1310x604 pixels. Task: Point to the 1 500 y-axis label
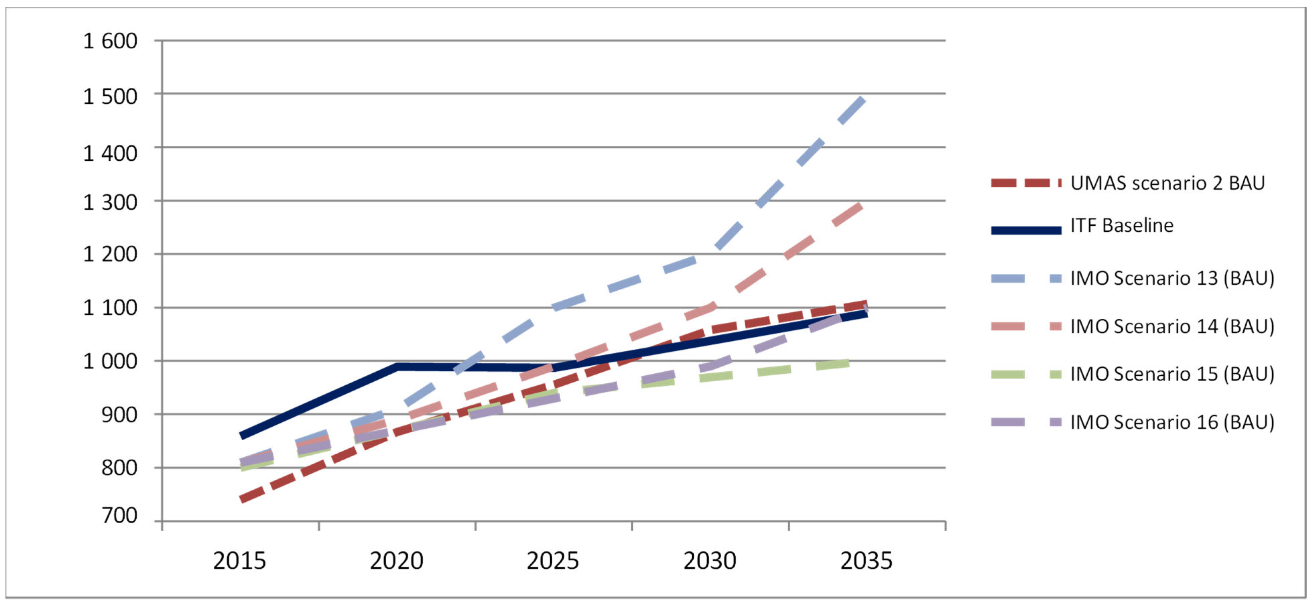tap(110, 96)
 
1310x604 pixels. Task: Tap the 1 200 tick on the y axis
tap(110, 254)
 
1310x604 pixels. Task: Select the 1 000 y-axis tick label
tap(110, 361)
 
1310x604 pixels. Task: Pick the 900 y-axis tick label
tap(119, 415)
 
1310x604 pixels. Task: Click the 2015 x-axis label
tap(239, 561)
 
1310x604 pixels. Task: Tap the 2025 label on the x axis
tap(553, 561)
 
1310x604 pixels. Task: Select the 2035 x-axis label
tap(866, 561)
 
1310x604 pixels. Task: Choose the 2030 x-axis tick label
tap(709, 561)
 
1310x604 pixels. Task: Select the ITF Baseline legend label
tap(1122, 225)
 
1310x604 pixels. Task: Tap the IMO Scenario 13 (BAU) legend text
tap(1172, 278)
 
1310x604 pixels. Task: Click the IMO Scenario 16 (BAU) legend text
tap(1172, 422)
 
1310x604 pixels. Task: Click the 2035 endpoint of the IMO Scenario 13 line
tap(863, 99)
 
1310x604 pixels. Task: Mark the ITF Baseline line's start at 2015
tap(241, 436)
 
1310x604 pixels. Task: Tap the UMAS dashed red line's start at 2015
tap(241, 500)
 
